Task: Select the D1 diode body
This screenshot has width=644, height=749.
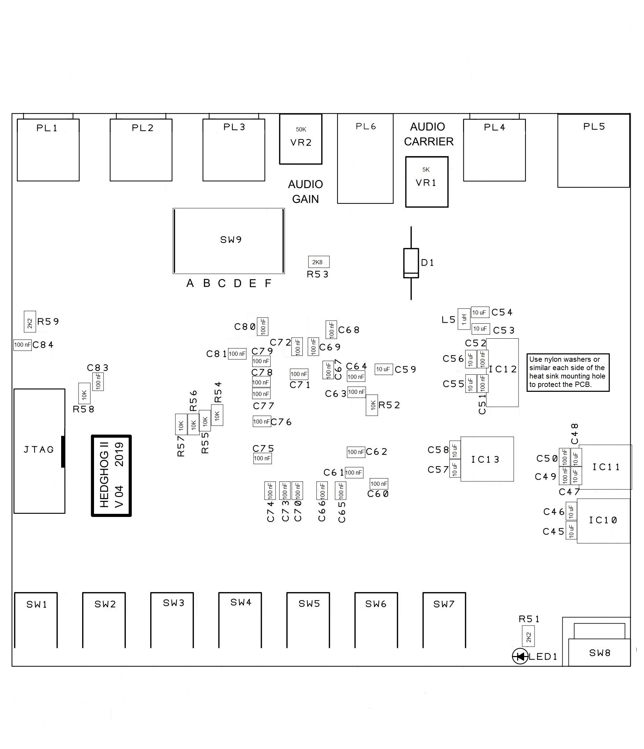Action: click(411, 263)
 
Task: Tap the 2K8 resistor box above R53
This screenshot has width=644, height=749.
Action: click(318, 262)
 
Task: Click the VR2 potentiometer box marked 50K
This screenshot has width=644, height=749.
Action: click(300, 139)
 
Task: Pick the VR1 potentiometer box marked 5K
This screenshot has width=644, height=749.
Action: click(426, 181)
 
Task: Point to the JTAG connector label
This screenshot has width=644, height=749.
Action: click(39, 449)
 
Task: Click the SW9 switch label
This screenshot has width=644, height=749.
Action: click(231, 240)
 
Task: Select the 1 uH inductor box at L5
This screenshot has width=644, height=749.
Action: click(464, 319)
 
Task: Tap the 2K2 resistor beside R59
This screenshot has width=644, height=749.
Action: click(30, 321)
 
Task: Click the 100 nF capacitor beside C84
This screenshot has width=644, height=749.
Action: click(22, 345)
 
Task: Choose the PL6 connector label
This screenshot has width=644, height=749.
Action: click(366, 126)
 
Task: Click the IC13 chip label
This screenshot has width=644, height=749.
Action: click(485, 460)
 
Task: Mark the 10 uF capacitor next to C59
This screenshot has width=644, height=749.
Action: click(383, 369)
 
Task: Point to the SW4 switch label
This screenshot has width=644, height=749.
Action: click(241, 602)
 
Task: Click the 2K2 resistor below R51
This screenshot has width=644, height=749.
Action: click(528, 637)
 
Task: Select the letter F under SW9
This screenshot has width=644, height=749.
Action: click(268, 283)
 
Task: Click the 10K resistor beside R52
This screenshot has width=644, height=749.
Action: click(372, 405)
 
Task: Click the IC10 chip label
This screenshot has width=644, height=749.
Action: click(603, 520)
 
